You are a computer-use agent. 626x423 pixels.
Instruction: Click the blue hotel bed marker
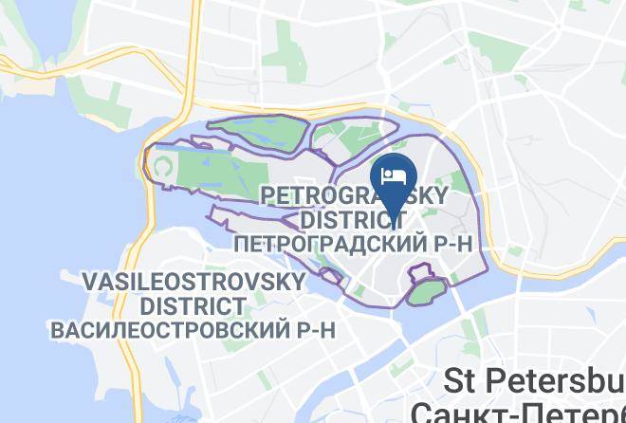(394, 177)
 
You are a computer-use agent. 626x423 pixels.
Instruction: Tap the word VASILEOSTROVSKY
(193, 282)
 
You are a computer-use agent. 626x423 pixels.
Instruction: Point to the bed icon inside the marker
(394, 175)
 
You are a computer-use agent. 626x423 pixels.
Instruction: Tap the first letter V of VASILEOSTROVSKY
(90, 282)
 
